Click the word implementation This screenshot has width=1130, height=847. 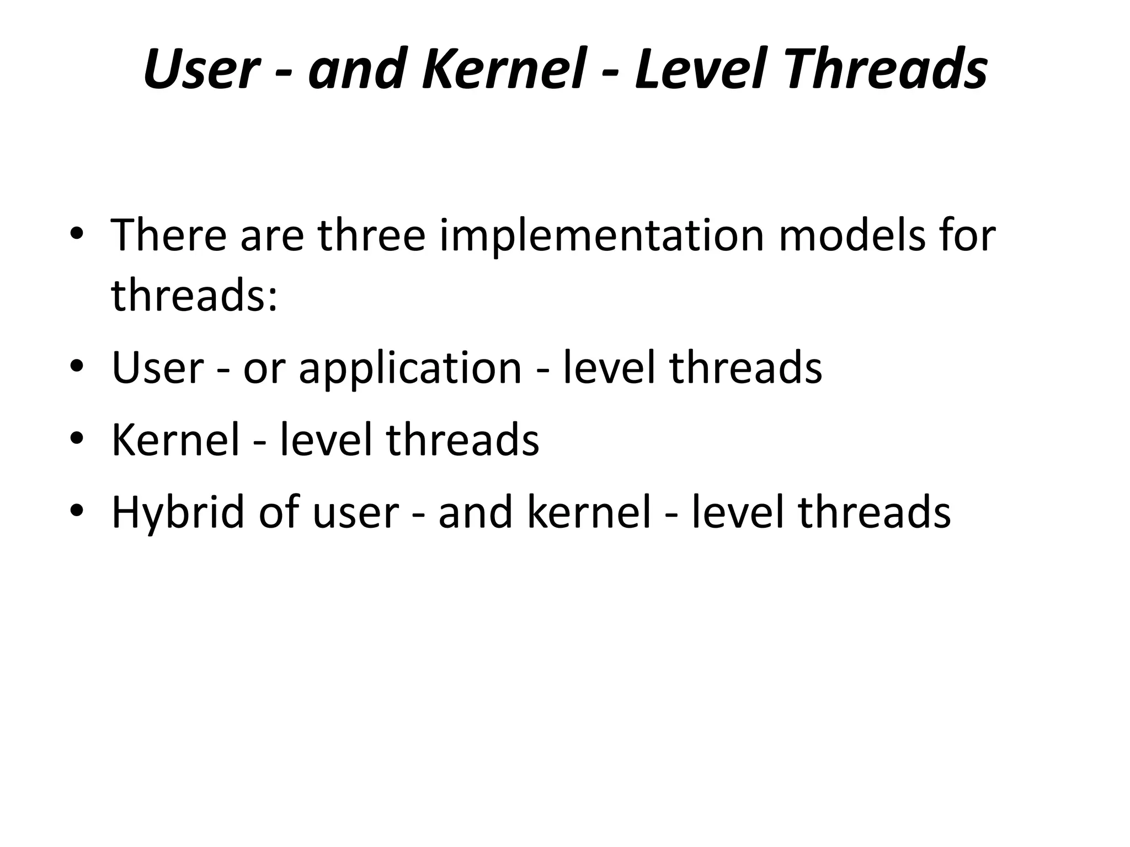tap(601, 235)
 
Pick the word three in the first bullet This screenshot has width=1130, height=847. tap(371, 235)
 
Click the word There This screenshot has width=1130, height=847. tap(169, 235)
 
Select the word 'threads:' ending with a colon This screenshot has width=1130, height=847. tap(194, 295)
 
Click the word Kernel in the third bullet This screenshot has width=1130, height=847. tap(175, 439)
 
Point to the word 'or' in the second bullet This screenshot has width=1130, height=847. tap(263, 368)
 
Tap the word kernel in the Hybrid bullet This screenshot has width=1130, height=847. tap(589, 512)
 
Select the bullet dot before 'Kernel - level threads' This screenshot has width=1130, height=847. tap(77, 437)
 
